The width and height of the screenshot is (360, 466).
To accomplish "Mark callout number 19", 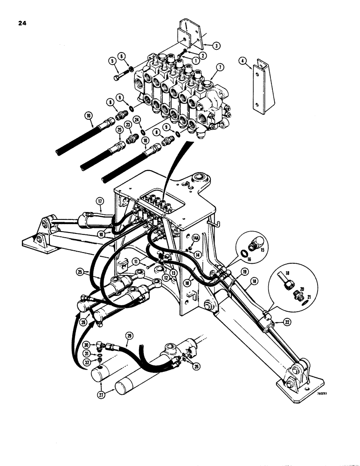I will [244, 271].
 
